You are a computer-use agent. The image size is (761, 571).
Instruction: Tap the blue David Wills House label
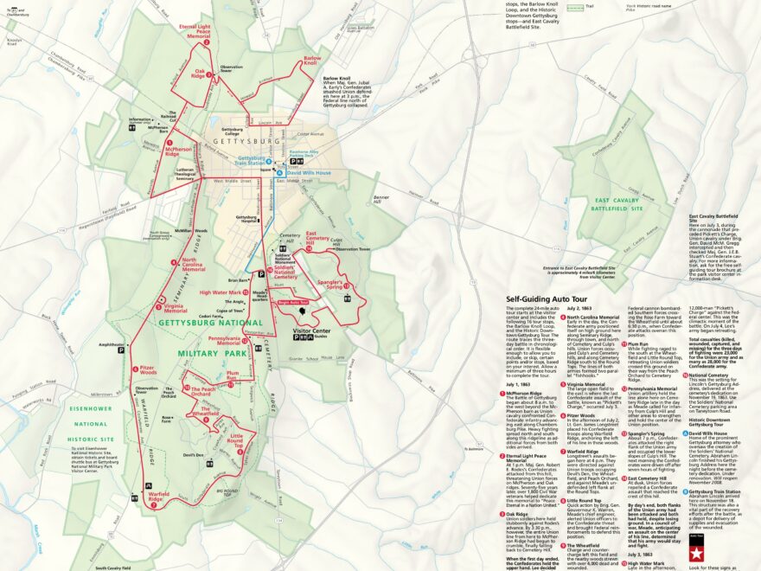tap(310, 173)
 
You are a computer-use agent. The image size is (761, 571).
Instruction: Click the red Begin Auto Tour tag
tap(292, 302)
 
